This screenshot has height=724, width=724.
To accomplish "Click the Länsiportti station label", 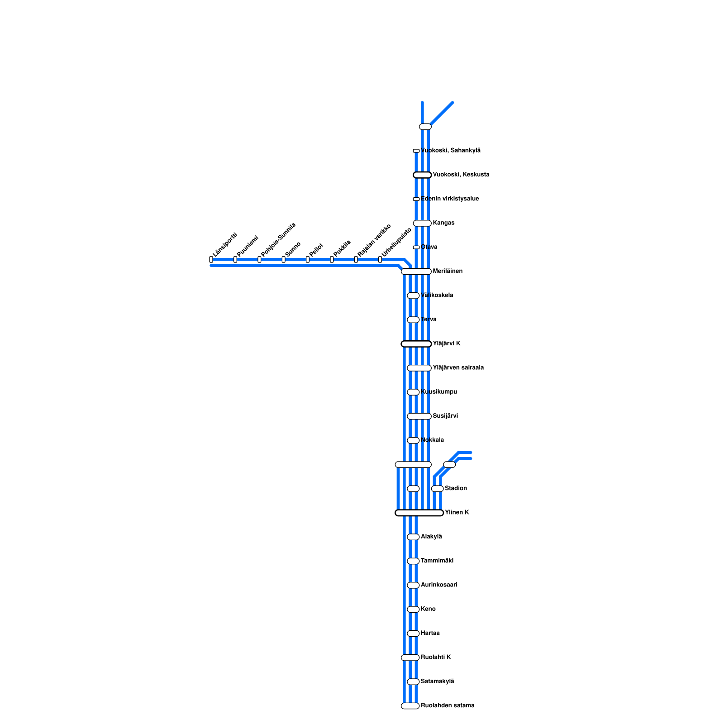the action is tap(225, 245).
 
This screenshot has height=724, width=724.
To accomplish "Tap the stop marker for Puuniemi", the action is tap(235, 259).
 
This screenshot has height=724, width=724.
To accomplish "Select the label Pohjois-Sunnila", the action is tap(278, 239).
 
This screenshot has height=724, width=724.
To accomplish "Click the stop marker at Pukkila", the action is tap(332, 259).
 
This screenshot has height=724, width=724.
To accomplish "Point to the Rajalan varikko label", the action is tap(374, 240).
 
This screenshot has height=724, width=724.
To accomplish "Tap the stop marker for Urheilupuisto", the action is tap(380, 259).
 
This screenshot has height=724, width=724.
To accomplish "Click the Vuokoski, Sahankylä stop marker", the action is tap(416, 151).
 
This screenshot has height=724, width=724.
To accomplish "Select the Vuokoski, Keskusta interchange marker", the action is tap(422, 175).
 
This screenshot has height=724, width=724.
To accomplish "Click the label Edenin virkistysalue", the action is tap(450, 199).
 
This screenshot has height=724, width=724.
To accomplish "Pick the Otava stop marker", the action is tap(416, 247).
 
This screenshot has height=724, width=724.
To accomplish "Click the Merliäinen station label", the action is tap(448, 271).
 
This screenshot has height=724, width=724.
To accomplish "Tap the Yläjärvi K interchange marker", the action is tap(416, 344).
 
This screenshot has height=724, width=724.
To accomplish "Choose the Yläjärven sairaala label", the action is tap(458, 367).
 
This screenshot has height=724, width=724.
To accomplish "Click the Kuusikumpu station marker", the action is tap(413, 392).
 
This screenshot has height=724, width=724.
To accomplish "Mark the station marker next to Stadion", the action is tap(437, 489).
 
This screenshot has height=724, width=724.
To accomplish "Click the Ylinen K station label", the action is tap(457, 512).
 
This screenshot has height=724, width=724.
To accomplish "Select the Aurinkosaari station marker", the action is tap(413, 585).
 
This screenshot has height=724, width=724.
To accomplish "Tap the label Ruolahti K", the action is tap(436, 657).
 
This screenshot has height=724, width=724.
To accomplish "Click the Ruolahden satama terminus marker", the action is tap(410, 706).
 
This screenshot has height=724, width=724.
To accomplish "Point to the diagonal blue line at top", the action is tap(442, 114).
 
